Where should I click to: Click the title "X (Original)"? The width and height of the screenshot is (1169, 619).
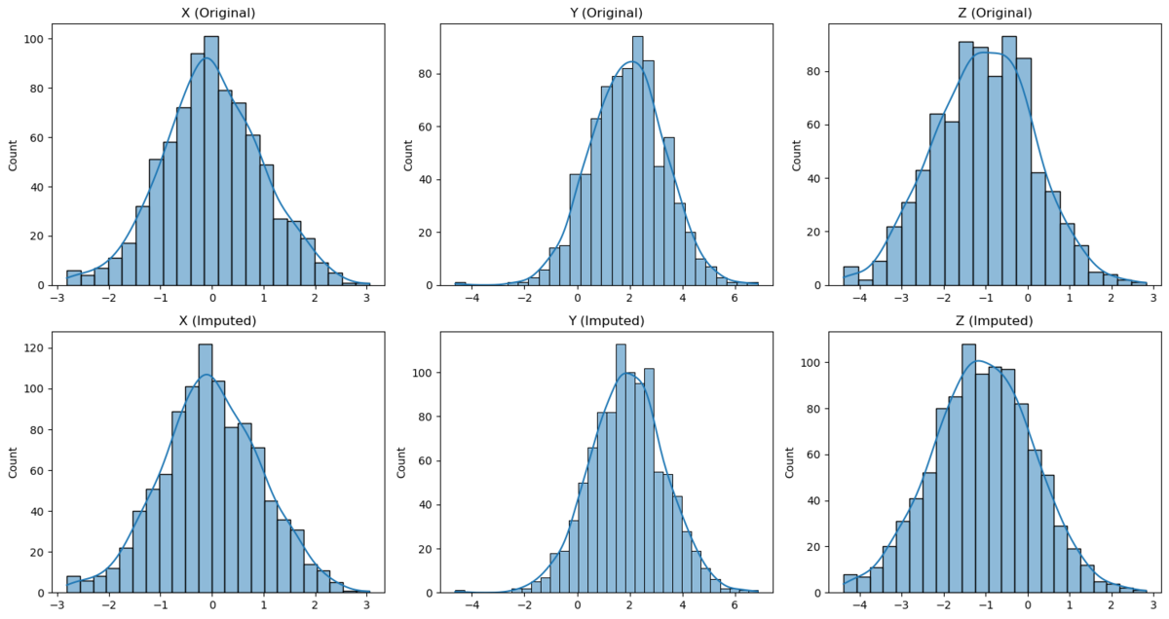[211, 13]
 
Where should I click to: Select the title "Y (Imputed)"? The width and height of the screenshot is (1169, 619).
[599, 320]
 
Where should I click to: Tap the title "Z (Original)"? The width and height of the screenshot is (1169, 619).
[988, 13]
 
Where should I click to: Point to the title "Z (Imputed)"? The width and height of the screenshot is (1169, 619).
[988, 320]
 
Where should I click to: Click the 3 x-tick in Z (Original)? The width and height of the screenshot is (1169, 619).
[1152, 299]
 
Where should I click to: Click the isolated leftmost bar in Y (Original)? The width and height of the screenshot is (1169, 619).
[460, 283]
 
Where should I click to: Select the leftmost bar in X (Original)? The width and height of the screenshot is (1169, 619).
[73, 277]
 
